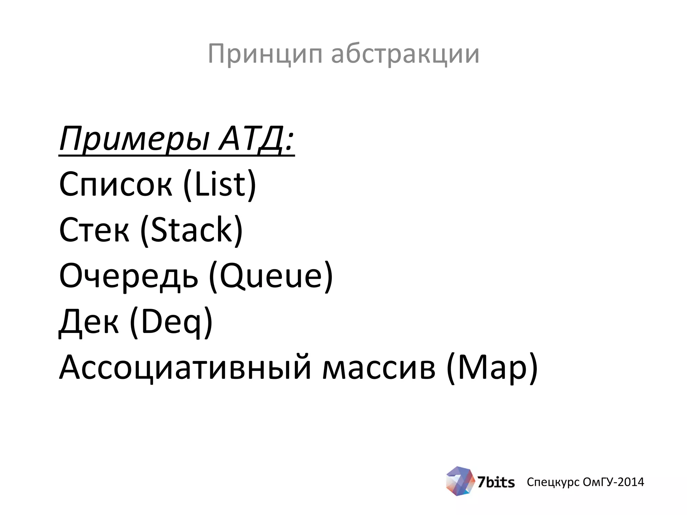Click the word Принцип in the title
(x=265, y=54)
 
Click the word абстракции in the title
(x=405, y=54)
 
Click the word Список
(x=116, y=184)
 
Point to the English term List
(x=220, y=184)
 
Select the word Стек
(x=94, y=230)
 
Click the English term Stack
(x=192, y=230)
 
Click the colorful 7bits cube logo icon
(x=460, y=481)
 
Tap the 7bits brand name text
(x=496, y=482)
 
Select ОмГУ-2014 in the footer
(x=613, y=482)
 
